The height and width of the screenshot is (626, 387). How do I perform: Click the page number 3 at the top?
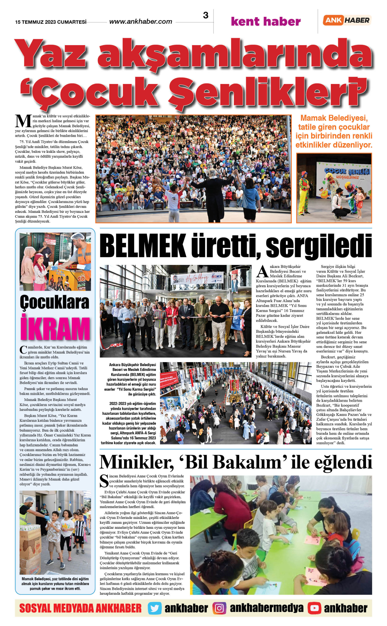(206, 15)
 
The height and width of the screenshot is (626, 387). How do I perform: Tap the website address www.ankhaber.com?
(141, 22)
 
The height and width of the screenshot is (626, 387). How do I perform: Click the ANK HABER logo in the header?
(347, 20)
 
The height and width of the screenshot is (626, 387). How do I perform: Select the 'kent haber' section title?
(266, 22)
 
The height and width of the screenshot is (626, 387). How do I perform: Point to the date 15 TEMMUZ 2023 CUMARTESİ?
(51, 22)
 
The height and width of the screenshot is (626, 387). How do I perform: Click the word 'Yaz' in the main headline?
(51, 54)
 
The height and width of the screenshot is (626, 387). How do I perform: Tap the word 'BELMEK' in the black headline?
(143, 246)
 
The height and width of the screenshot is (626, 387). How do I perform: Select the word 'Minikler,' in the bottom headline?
(136, 462)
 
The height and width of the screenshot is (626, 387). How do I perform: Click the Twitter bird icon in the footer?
(154, 608)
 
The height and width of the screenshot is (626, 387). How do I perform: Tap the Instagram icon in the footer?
(219, 608)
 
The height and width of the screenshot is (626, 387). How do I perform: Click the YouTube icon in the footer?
(314, 608)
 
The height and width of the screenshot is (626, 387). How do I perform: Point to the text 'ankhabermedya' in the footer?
(267, 608)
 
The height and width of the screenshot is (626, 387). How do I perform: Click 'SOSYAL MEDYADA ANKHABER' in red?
(80, 608)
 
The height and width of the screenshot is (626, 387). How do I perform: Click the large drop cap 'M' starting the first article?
(23, 121)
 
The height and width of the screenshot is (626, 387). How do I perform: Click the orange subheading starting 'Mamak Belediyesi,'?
(334, 131)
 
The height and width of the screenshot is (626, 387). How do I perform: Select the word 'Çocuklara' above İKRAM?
(55, 302)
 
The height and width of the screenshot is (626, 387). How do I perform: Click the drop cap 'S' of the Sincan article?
(104, 481)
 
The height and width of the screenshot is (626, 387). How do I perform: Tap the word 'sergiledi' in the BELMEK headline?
(319, 246)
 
